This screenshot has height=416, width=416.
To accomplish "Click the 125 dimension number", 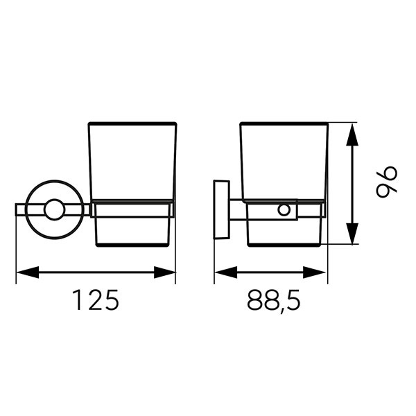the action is pos(96,300).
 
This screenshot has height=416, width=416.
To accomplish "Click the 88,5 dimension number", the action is pos(274,301).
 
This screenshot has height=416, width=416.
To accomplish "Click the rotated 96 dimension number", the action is pos(387,182).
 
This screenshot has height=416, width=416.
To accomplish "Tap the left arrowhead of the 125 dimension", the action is pos(28,272).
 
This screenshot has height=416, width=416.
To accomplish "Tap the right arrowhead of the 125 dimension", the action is pos(164,272).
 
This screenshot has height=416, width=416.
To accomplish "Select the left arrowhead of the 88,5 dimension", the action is pos(226,272).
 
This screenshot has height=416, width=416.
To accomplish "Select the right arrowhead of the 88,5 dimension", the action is pos(314,272).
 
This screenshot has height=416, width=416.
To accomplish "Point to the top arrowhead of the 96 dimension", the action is pos(352,135).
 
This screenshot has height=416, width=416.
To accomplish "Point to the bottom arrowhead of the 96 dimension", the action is pos(352,234).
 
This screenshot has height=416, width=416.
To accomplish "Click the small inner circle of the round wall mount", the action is pos(55,209).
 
